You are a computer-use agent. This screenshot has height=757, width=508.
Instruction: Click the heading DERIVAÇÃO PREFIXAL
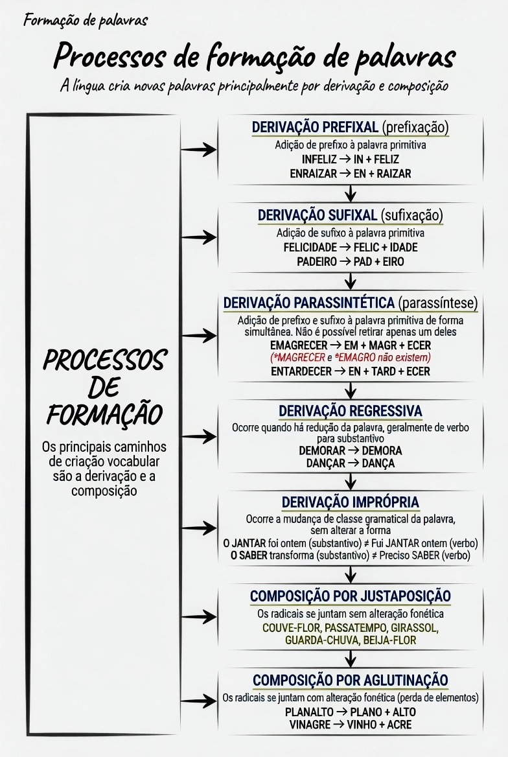315,127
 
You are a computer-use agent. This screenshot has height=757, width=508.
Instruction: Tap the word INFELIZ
319,159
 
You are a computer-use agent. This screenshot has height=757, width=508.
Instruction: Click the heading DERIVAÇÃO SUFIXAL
317,215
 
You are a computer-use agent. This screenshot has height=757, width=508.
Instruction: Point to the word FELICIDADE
310,247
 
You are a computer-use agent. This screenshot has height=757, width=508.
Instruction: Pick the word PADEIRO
317,262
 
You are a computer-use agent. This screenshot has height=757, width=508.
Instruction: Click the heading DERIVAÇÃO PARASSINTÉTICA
309,303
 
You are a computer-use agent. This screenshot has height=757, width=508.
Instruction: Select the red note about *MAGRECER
351,358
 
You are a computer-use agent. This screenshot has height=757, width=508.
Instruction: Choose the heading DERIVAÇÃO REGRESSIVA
351,411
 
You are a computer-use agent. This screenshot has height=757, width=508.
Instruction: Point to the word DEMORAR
322,450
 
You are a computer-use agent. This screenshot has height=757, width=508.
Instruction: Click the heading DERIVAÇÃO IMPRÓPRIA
351,502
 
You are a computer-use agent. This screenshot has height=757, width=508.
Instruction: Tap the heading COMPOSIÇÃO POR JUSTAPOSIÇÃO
351,596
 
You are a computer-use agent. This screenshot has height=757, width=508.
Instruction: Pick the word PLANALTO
309,712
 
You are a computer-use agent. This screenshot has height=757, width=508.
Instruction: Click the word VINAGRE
310,724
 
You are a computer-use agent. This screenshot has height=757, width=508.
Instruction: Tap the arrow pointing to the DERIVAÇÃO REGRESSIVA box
199,436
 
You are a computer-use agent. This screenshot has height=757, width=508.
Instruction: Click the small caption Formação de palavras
86,20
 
